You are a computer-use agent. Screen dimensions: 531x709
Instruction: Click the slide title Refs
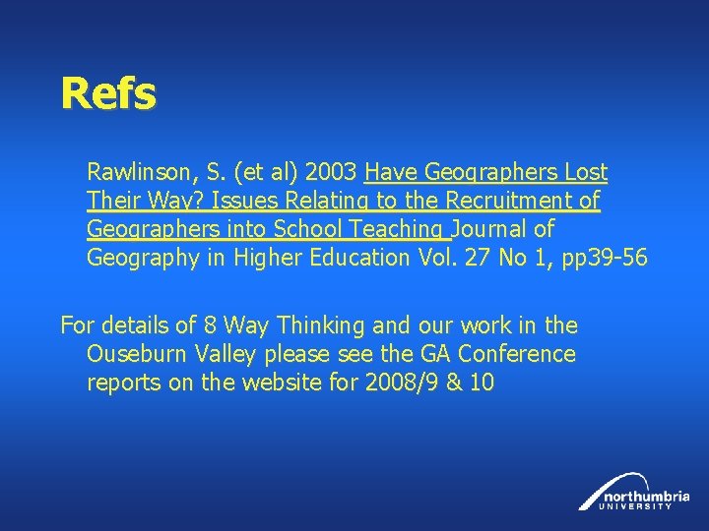point(107,94)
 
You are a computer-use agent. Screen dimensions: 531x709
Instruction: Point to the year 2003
point(331,174)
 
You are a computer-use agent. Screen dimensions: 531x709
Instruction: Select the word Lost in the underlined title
point(587,174)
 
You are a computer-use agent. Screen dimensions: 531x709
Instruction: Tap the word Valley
point(225,353)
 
